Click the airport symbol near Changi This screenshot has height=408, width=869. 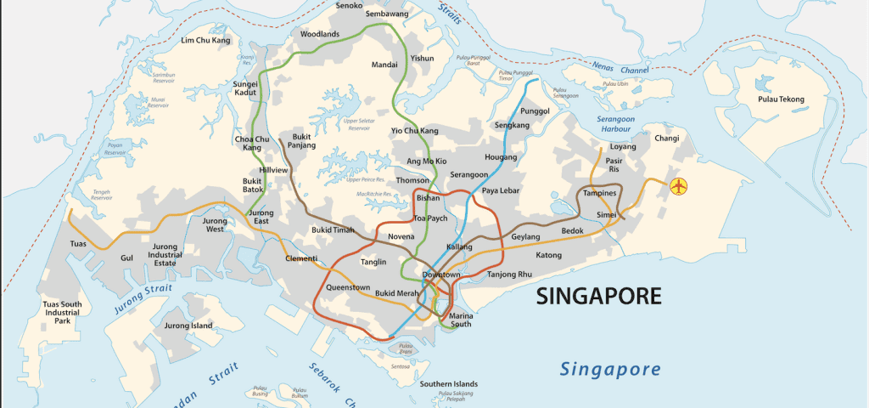pos(677,186)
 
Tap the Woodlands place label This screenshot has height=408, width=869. pos(320,34)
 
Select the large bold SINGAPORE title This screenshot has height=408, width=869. pos(598,296)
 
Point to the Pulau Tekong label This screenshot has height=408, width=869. pos(781,99)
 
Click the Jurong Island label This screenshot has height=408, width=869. pos(188,326)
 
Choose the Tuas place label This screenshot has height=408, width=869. pos(78,244)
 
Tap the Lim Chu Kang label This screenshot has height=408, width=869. pos(206,40)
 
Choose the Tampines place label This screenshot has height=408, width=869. pos(600,193)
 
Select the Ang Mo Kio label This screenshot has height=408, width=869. pos(427,161)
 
